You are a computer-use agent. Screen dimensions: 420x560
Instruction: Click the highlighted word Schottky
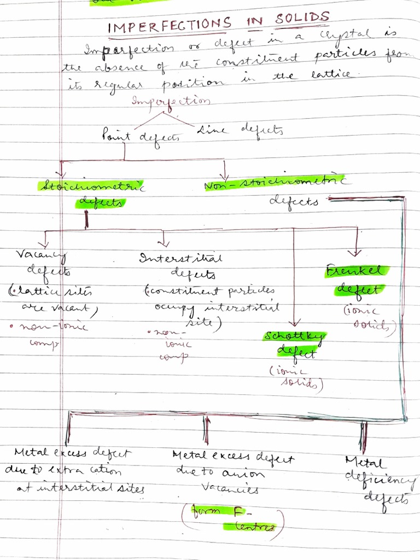click(294, 336)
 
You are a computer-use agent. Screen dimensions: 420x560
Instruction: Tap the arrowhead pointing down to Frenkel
click(357, 252)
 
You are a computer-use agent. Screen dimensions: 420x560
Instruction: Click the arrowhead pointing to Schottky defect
click(295, 323)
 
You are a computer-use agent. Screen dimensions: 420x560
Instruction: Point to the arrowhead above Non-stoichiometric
click(224, 171)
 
